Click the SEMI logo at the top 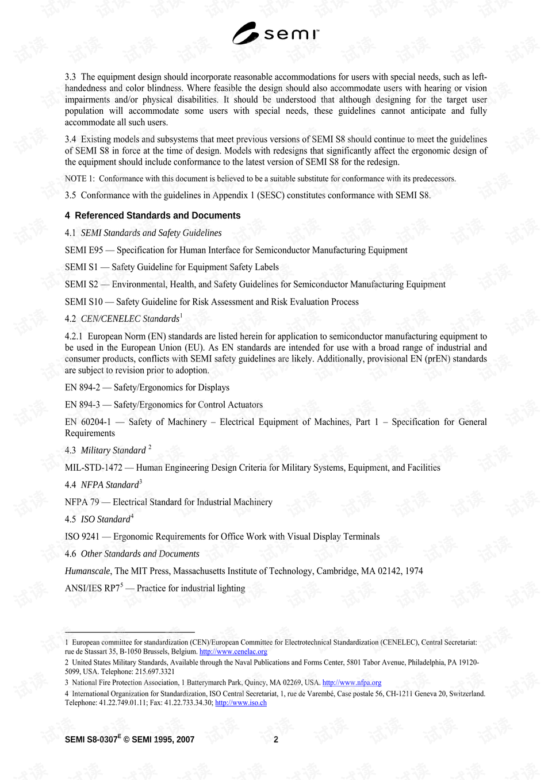point(275,33)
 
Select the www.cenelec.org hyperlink point(233,652)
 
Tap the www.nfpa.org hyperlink point(351,683)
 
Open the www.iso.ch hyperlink point(240,703)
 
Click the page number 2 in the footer point(276,740)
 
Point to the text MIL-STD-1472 point(93,468)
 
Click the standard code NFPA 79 point(82,502)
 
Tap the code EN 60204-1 point(88,422)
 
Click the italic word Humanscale point(87,571)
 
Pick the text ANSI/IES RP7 point(92,589)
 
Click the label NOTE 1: point(80,179)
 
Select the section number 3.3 point(70,77)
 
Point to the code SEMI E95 point(84,250)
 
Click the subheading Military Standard point(113,451)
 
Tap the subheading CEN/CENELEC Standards point(130,319)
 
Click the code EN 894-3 point(82,405)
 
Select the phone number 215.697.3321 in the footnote point(155,671)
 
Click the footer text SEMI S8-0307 point(91,740)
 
